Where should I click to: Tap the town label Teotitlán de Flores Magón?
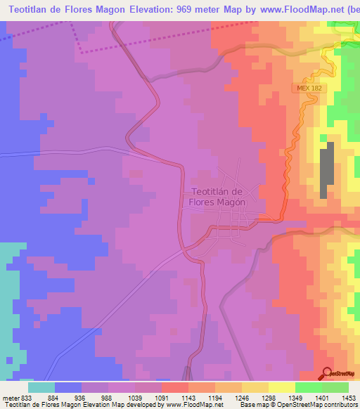(x=217, y=196)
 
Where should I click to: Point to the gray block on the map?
(x=326, y=171)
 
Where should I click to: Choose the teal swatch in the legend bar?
(x=41, y=387)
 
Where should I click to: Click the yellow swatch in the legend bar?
(x=281, y=387)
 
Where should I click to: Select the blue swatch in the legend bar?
(x=68, y=387)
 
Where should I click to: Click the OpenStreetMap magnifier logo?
(x=326, y=373)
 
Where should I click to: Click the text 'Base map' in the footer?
(x=250, y=405)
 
